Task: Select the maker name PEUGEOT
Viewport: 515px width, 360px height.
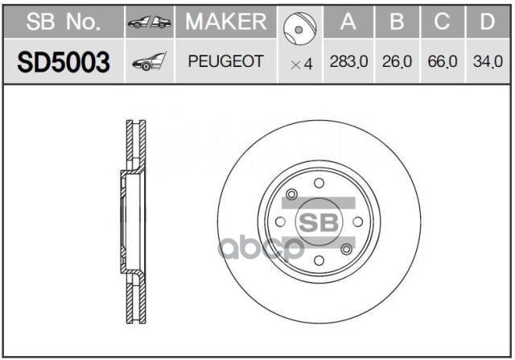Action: [225, 62]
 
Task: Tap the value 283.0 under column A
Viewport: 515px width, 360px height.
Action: [348, 62]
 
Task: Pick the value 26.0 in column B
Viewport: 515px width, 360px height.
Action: [396, 62]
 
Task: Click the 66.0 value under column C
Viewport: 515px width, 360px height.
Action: [442, 62]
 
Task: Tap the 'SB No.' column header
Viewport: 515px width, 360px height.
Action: [63, 23]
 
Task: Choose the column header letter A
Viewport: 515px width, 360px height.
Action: [348, 23]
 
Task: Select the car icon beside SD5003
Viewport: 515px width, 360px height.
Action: [149, 62]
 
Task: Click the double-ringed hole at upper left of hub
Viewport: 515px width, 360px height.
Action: [292, 194]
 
